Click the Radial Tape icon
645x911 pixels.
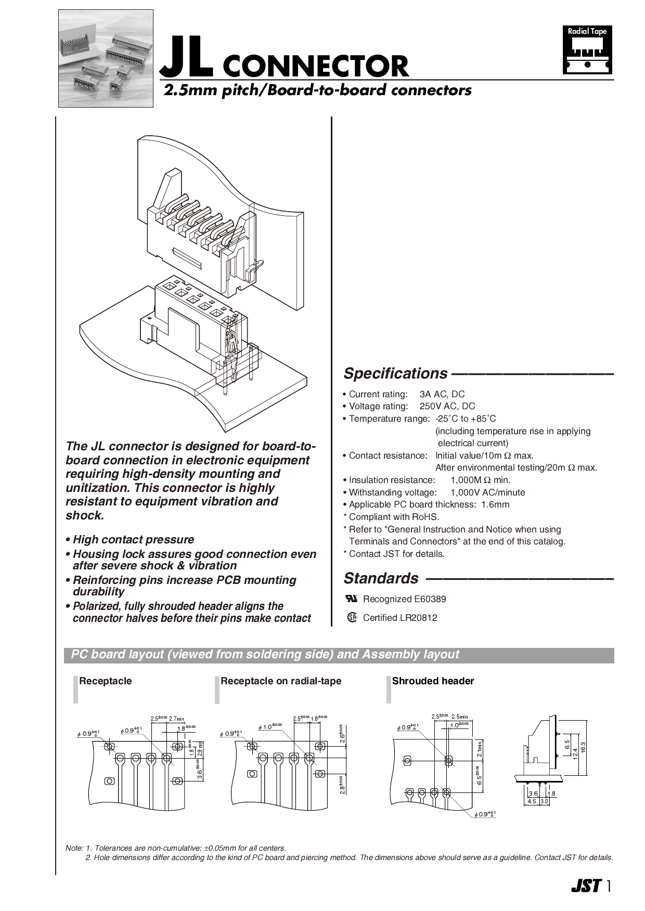click(x=587, y=50)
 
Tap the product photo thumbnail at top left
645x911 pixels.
click(x=106, y=58)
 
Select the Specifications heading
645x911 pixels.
click(x=395, y=373)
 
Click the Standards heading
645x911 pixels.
click(x=381, y=578)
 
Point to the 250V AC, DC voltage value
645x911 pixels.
click(x=447, y=406)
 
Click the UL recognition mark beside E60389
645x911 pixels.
click(x=352, y=598)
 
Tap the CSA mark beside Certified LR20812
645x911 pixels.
click(x=352, y=618)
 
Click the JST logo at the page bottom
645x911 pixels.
click(x=586, y=886)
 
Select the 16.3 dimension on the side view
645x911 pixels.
click(x=583, y=747)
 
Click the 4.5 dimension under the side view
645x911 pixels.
click(x=532, y=801)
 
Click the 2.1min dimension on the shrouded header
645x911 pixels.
click(x=480, y=748)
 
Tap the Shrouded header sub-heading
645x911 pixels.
click(x=433, y=681)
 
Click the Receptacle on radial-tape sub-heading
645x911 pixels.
click(x=281, y=681)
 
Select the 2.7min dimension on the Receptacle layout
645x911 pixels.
click(x=177, y=719)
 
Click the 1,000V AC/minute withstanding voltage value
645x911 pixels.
click(x=487, y=492)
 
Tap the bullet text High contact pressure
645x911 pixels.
click(x=133, y=540)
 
